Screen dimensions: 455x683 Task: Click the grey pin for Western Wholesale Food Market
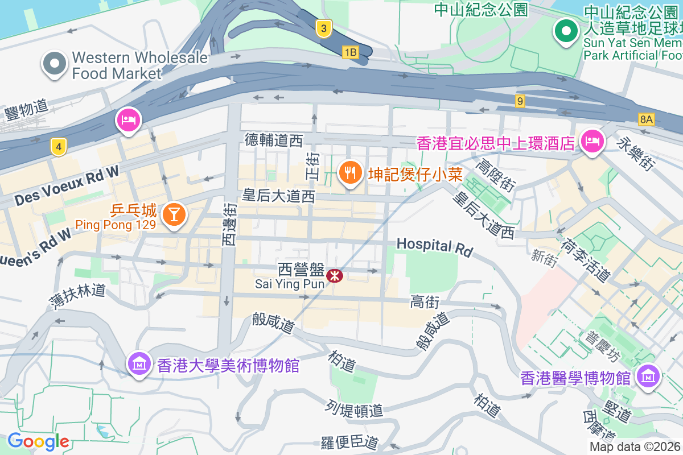coord(55,64)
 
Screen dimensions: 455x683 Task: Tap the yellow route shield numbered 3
coord(323,28)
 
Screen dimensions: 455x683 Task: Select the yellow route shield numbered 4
coord(57,147)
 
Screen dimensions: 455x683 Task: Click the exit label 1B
coord(350,52)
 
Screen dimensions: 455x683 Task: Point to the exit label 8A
coord(646,119)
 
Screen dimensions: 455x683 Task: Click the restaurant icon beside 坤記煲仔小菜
coord(351,172)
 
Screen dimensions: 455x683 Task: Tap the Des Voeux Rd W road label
coord(67,186)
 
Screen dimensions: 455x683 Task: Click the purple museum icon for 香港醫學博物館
coord(648,375)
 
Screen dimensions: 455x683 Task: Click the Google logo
coord(38,441)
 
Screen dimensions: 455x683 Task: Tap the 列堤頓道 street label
coord(354,409)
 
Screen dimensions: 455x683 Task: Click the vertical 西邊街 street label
coord(229,225)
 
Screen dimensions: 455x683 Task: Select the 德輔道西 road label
coord(274,140)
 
